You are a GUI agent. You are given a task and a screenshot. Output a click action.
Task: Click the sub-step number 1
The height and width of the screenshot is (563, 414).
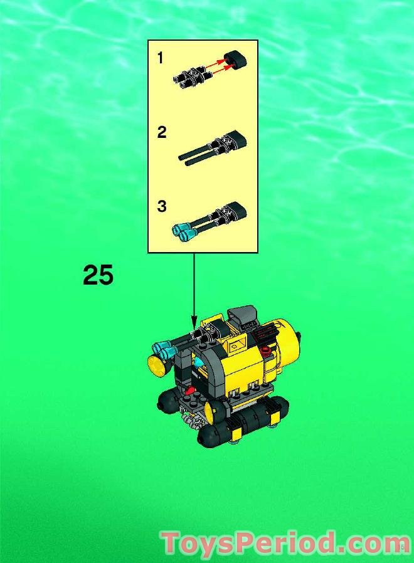160,58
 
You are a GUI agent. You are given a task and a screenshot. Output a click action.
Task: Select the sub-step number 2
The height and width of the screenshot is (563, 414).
162,132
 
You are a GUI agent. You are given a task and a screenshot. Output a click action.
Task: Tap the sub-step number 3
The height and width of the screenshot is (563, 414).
162,206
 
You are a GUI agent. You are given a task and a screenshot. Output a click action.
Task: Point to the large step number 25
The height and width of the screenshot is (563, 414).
98,276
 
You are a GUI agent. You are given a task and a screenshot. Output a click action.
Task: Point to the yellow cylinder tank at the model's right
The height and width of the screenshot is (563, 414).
288,342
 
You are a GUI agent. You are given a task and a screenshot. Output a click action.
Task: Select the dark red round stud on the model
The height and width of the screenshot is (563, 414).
266,350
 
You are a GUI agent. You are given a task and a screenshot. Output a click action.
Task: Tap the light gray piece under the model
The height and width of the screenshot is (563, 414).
186,424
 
